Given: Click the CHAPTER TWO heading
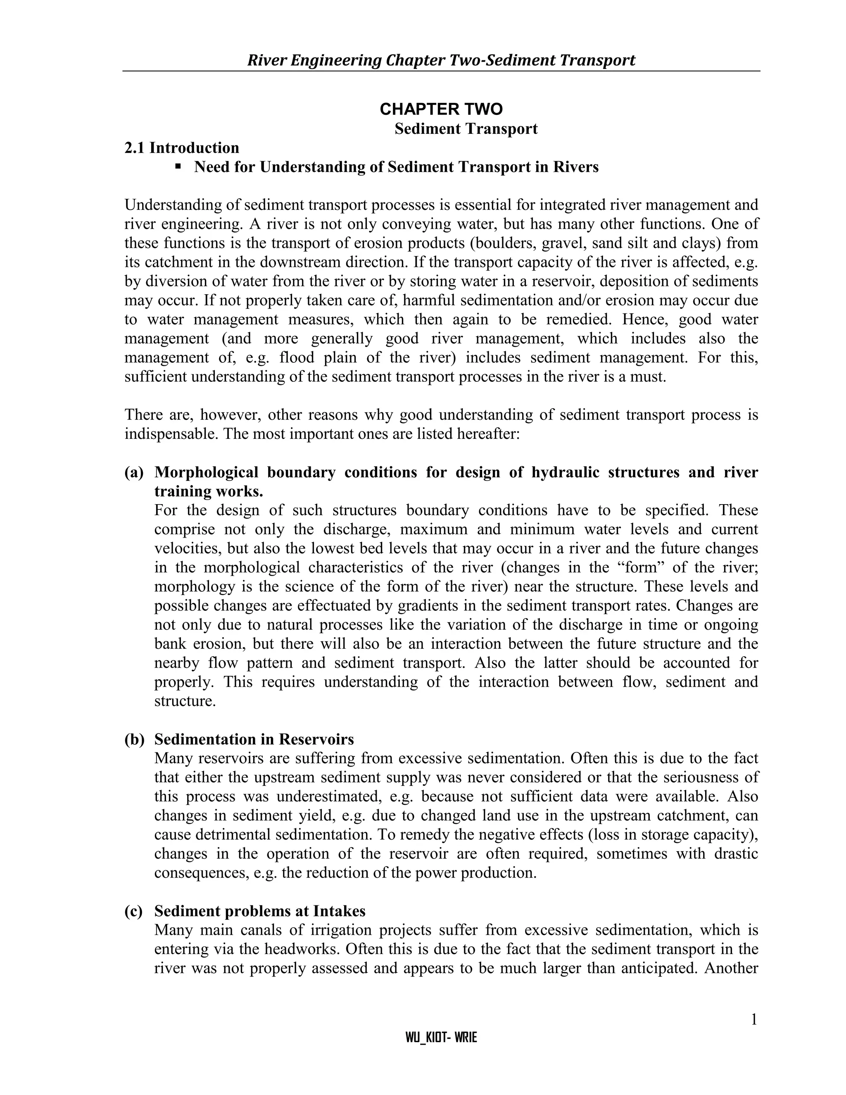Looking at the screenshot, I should [x=441, y=109].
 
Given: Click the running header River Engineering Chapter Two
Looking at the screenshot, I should [x=441, y=60].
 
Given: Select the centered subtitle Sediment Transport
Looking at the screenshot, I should [x=466, y=129].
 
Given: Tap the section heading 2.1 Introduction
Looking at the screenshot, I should [x=182, y=148].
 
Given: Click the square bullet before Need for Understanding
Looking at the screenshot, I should [x=178, y=166].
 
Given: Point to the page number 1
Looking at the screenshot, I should [x=753, y=1020].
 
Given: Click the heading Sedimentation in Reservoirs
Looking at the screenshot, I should [x=254, y=740].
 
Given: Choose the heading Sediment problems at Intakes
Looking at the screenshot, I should [x=259, y=911].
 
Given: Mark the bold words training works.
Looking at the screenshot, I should [x=209, y=491].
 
